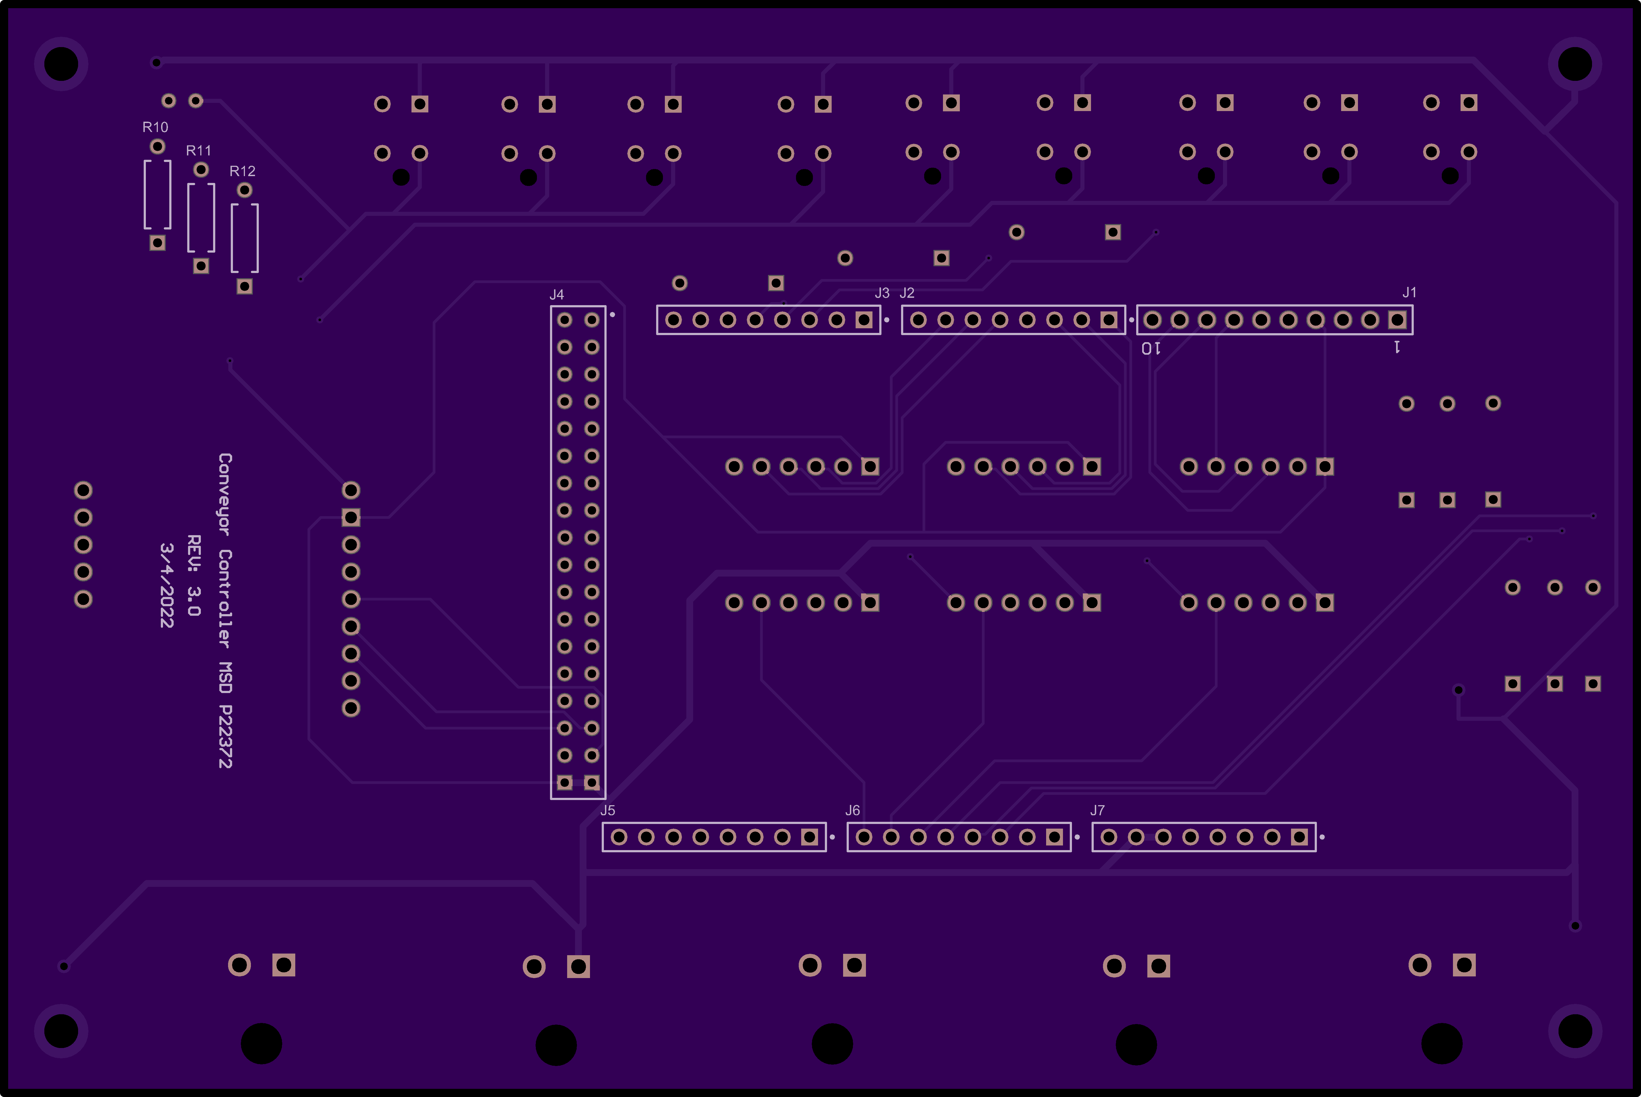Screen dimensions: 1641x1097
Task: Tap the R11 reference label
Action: (199, 151)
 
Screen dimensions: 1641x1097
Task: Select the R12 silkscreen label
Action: (242, 171)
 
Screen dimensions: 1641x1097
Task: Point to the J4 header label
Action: (557, 295)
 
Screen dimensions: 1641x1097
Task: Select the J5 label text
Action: (608, 810)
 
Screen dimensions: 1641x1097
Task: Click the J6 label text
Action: (853, 810)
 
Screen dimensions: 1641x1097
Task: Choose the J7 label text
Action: (1098, 810)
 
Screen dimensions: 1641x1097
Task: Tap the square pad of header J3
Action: (864, 320)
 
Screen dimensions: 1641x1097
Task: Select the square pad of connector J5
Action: (809, 837)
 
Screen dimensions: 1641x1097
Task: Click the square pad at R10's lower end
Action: (157, 243)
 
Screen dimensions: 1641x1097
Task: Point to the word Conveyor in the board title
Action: (225, 494)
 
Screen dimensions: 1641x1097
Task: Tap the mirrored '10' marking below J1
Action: (1151, 348)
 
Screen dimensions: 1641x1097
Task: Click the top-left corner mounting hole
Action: (61, 64)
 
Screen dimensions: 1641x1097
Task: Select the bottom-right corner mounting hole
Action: (1575, 1031)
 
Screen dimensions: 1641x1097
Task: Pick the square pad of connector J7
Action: (1299, 837)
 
